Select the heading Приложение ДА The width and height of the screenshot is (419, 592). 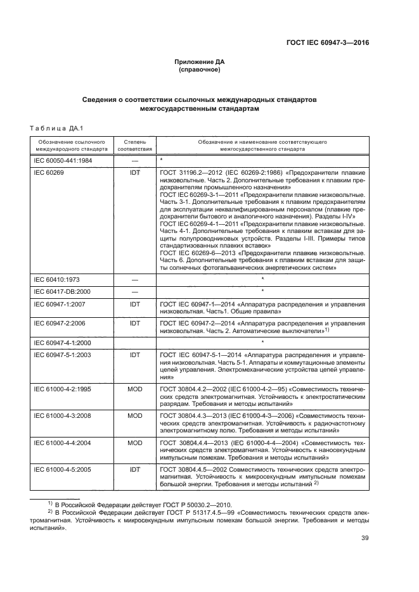[x=200, y=62]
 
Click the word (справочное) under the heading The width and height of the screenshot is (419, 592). [x=200, y=70]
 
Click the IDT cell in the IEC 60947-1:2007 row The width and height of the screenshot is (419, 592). [x=134, y=305]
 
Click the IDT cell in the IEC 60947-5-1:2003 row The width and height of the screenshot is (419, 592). [x=134, y=355]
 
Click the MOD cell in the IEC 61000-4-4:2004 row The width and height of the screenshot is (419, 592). [x=134, y=443]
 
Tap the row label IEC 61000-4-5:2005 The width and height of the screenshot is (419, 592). [x=63, y=470]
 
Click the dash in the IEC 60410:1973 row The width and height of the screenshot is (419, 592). [x=134, y=279]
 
